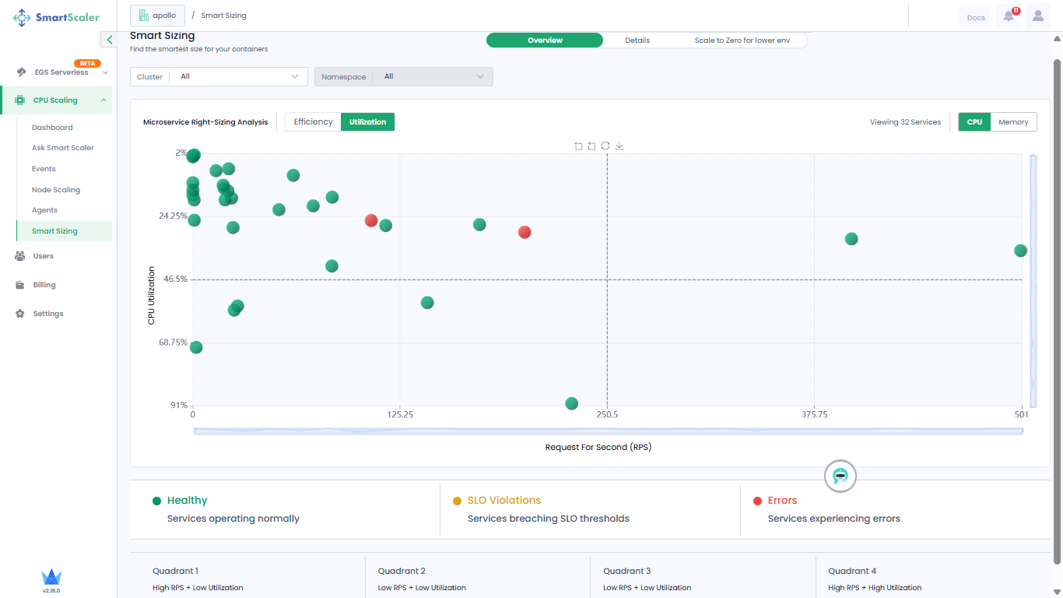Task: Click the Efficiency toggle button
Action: (313, 122)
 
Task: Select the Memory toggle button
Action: (1013, 122)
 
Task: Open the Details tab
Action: (637, 40)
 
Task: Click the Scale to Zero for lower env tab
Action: (742, 40)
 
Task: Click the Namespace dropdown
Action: (403, 76)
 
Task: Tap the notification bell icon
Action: (1009, 16)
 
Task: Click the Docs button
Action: (976, 18)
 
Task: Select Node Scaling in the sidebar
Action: (56, 189)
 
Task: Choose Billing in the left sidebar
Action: (44, 284)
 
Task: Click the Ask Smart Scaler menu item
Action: (62, 148)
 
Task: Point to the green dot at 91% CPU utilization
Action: (571, 403)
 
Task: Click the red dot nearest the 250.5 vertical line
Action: (524, 232)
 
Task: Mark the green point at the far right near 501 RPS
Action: (1020, 250)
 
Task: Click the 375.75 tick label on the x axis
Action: (814, 414)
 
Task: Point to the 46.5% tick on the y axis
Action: (175, 279)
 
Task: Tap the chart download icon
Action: (619, 146)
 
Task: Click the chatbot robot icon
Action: (840, 476)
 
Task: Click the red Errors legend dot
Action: (757, 501)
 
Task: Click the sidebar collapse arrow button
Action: (109, 40)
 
